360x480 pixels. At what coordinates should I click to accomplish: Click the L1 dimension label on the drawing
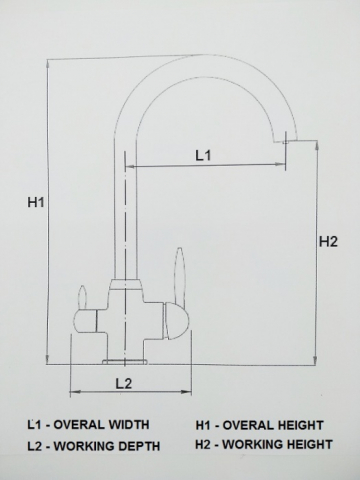[x=201, y=155]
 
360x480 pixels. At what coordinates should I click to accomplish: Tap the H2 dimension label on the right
[x=328, y=240]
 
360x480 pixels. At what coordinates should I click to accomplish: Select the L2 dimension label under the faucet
[x=122, y=382]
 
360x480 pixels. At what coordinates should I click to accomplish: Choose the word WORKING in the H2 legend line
[x=251, y=443]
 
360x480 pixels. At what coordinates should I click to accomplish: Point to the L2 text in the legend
[x=34, y=444]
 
